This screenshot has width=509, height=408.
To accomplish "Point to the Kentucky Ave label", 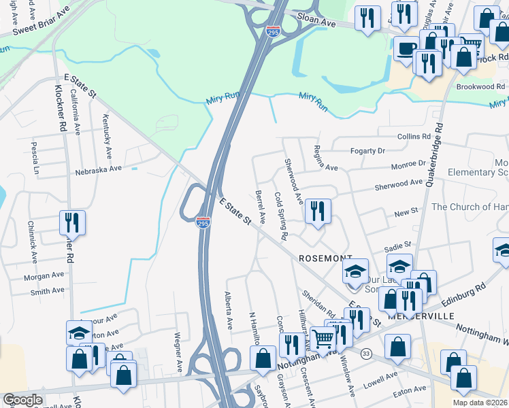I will pyautogui.click(x=107, y=136).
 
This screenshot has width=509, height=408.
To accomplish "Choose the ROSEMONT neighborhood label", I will pyautogui.click(x=325, y=258).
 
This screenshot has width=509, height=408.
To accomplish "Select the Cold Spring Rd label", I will pyautogui.click(x=280, y=216).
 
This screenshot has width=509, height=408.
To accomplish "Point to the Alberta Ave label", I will pyautogui.click(x=229, y=308).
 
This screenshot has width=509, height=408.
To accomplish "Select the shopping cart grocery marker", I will pyautogui.click(x=323, y=338).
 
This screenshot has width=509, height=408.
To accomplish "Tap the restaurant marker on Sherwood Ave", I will pyautogui.click(x=318, y=211).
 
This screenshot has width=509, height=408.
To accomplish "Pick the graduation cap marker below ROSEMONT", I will pyautogui.click(x=355, y=272).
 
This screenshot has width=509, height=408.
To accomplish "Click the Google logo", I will pyautogui.click(x=23, y=400).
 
